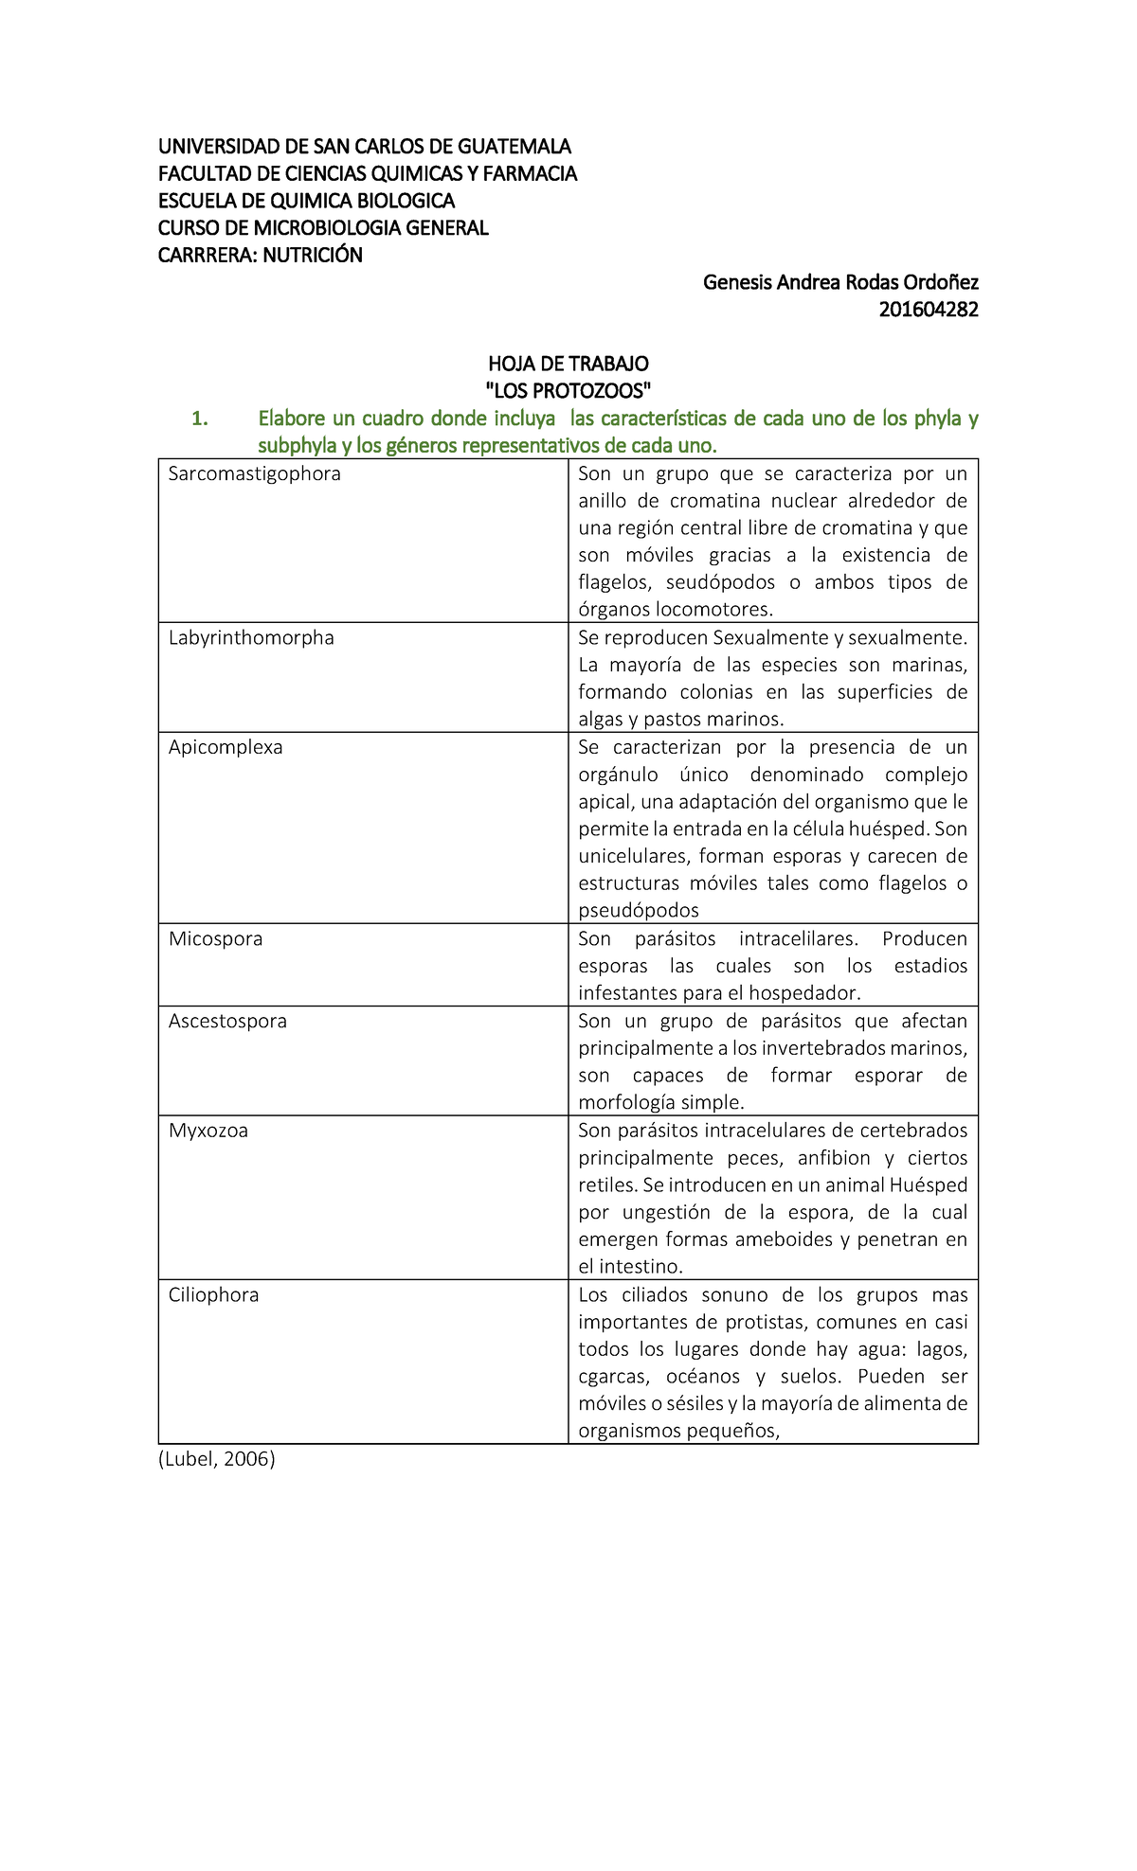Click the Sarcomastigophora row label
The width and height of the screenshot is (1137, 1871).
(x=254, y=473)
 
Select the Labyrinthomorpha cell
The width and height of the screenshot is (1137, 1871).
(x=251, y=637)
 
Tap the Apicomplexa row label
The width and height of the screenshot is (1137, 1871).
(x=226, y=747)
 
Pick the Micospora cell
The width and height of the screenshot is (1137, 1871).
(x=215, y=939)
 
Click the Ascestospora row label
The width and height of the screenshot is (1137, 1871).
(x=227, y=1022)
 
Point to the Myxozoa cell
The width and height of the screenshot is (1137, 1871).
(x=208, y=1131)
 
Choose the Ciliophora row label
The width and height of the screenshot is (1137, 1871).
(x=213, y=1295)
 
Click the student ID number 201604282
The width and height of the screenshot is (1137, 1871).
(x=928, y=310)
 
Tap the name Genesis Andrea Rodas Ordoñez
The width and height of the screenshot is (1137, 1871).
(x=839, y=282)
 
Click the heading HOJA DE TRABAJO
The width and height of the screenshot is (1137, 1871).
(x=568, y=364)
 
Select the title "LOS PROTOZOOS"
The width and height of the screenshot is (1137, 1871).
(x=568, y=390)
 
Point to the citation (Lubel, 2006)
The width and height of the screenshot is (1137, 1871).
(x=216, y=1459)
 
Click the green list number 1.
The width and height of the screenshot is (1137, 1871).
(x=199, y=419)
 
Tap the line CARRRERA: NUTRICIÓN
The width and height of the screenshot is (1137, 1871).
(x=260, y=255)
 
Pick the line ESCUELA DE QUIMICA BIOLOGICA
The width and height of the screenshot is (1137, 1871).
(x=306, y=201)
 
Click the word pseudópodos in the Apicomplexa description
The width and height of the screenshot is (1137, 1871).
(x=639, y=911)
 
